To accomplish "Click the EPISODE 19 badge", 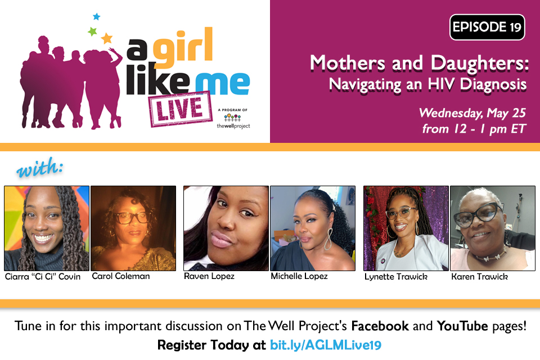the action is coord(487,27).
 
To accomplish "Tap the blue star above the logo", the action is coord(96,16).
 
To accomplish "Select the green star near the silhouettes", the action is coord(92,31).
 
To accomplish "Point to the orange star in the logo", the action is coord(107,38).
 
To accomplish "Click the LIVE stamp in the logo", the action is coord(181,109).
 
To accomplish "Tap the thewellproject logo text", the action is coord(233,126).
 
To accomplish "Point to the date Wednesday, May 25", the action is coord(472,113).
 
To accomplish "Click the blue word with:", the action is coord(40,168).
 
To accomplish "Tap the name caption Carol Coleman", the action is coord(121,276).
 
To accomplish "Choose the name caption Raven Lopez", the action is coord(209,276).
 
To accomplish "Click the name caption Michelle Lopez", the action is coord(299,276).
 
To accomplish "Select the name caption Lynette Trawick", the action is coord(396,277).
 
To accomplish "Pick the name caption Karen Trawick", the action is coord(479,277).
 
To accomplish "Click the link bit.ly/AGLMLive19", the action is coord(326,345).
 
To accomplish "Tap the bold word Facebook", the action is coord(380,326).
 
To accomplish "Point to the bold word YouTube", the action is coord(462,326).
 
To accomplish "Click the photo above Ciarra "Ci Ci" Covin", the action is coord(47,228).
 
